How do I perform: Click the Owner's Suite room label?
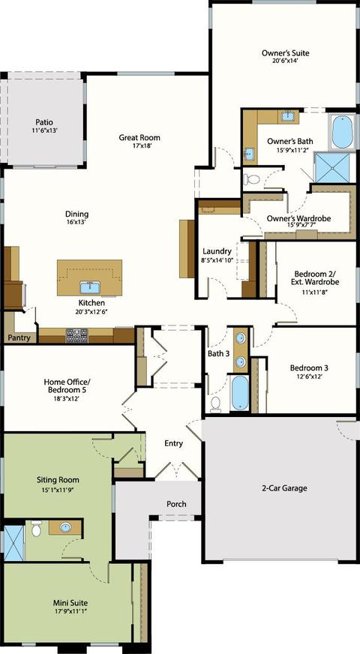point(285,53)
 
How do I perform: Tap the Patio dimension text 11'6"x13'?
point(43,130)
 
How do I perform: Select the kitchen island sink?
point(90,287)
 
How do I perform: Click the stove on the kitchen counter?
point(76,335)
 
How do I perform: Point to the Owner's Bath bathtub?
point(343,131)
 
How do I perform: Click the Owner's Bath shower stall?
point(332,167)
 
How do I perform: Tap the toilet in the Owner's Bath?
point(251,179)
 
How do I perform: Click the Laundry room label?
point(217,251)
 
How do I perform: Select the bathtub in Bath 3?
point(240,393)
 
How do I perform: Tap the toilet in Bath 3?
point(216,403)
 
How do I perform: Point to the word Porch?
point(176,504)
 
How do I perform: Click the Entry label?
point(173,443)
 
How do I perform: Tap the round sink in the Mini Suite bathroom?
point(65,527)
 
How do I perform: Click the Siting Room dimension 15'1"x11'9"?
point(58,490)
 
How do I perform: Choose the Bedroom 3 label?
point(309,367)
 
